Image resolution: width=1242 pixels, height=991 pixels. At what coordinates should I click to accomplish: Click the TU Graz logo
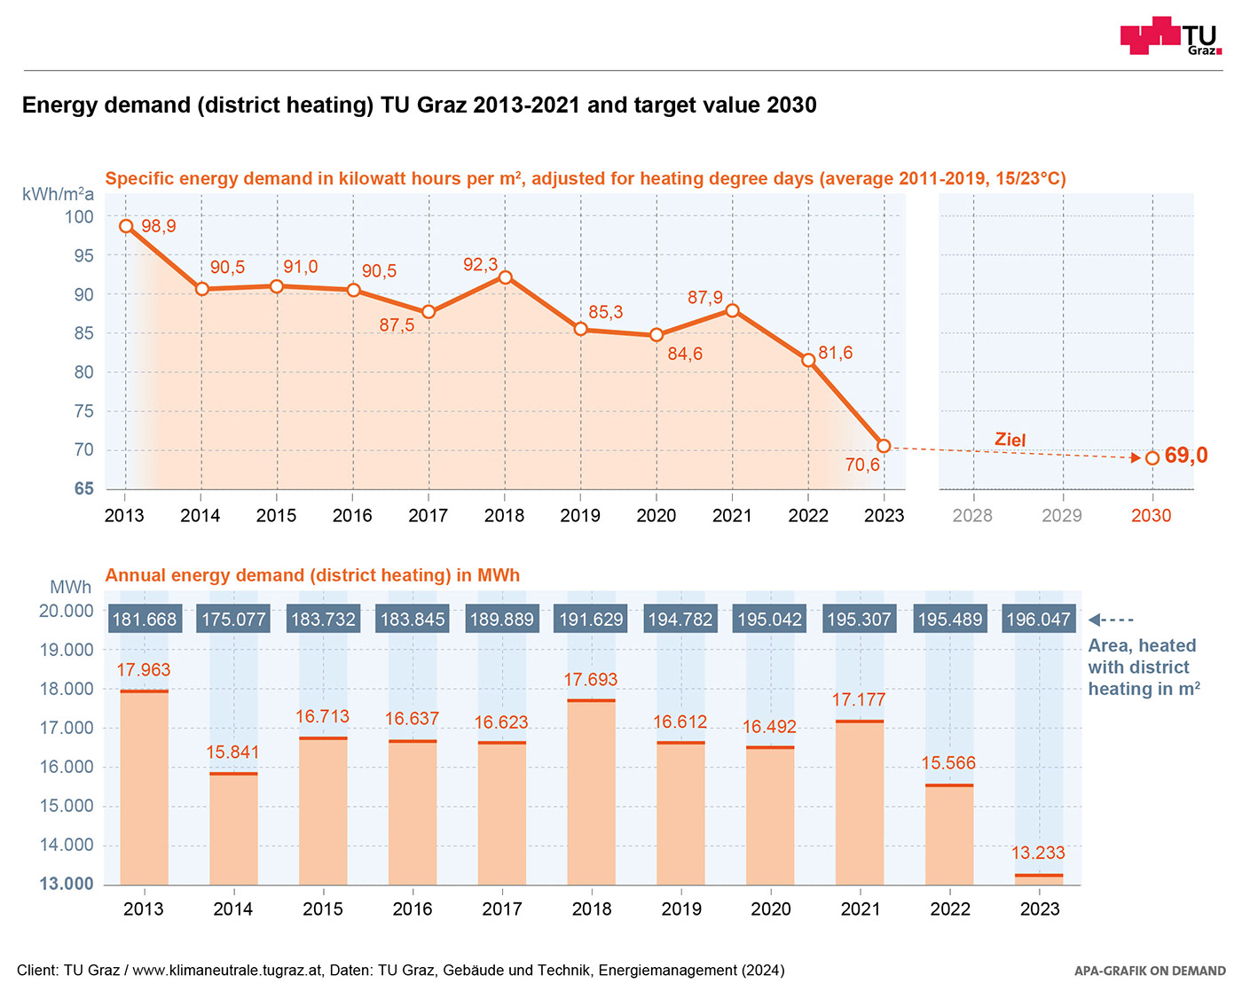point(1170,35)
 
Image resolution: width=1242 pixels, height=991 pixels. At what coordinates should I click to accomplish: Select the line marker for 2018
point(505,277)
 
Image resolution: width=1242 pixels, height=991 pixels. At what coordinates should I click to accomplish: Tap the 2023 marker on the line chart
point(884,446)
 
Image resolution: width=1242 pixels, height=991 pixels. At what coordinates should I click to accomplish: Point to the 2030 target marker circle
point(1152,458)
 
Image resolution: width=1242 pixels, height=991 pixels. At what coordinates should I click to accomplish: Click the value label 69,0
point(1186,456)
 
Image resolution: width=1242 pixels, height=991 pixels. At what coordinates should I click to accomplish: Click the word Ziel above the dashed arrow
point(1010,440)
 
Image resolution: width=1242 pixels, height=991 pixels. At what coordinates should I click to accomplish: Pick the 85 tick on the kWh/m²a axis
point(83,333)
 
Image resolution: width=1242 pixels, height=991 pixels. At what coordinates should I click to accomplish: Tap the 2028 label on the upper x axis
point(972,516)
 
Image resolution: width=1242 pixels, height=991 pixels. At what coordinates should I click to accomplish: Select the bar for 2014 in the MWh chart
point(233,828)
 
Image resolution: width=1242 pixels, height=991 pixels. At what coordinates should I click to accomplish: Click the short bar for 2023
point(1039,879)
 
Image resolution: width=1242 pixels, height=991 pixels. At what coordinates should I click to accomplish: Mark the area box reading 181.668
point(145,620)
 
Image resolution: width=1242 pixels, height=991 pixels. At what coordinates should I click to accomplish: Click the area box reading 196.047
point(1039,620)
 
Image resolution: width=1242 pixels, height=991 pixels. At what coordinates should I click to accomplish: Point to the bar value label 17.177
point(859,700)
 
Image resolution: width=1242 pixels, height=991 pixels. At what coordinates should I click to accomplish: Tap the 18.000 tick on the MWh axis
point(67,689)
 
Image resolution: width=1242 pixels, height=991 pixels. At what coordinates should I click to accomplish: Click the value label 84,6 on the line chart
point(685,355)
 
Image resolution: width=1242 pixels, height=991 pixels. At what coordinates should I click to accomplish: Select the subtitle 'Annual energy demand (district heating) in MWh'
point(312,575)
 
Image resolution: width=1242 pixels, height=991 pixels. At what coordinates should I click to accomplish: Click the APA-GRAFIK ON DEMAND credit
point(1150,971)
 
